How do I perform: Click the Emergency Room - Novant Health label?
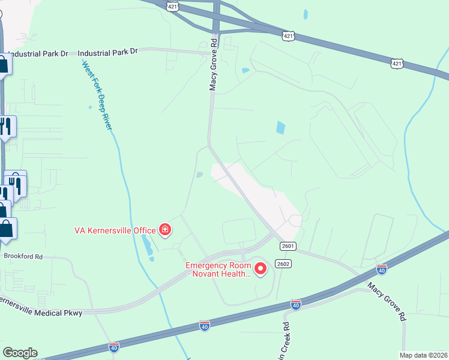[217, 269]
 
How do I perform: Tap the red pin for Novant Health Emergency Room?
[261, 268]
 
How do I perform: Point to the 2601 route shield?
[288, 246]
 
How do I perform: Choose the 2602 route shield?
[283, 264]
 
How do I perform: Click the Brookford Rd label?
[23, 256]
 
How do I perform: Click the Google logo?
[20, 353]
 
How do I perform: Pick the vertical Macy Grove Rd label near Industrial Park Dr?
[212, 65]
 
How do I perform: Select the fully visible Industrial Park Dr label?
[108, 52]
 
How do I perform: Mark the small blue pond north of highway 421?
[306, 14]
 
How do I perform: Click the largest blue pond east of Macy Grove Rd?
[280, 127]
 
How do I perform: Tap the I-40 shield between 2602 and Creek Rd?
[295, 305]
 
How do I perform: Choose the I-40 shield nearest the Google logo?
[114, 347]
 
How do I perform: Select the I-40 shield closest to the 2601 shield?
[381, 268]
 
